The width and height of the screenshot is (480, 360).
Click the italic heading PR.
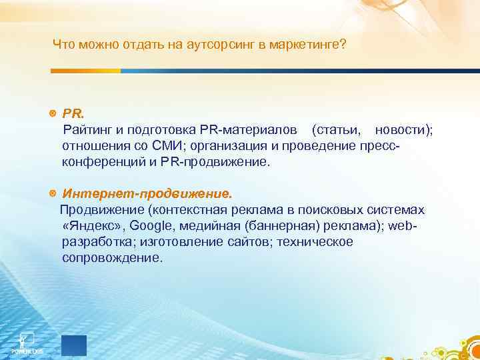(x=71, y=113)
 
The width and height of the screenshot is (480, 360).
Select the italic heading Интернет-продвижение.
(x=147, y=194)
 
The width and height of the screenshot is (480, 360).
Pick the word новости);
(x=404, y=129)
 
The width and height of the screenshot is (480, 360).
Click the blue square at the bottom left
(x=74, y=345)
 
